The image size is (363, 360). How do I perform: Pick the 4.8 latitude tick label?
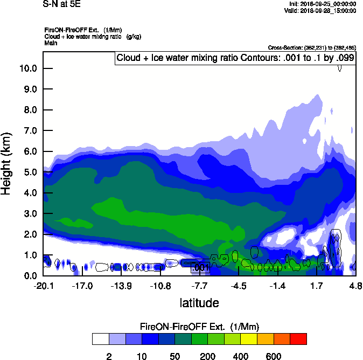click(x=355, y=286)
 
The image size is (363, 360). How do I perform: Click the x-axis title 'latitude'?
click(x=199, y=303)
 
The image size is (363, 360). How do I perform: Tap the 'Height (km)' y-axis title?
click(x=7, y=164)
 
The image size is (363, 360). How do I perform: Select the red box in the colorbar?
click(x=299, y=339)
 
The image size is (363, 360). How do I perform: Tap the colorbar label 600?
click(x=274, y=356)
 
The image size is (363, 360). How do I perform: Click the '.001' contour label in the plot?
click(x=200, y=267)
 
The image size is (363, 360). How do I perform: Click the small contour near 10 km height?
click(x=340, y=67)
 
